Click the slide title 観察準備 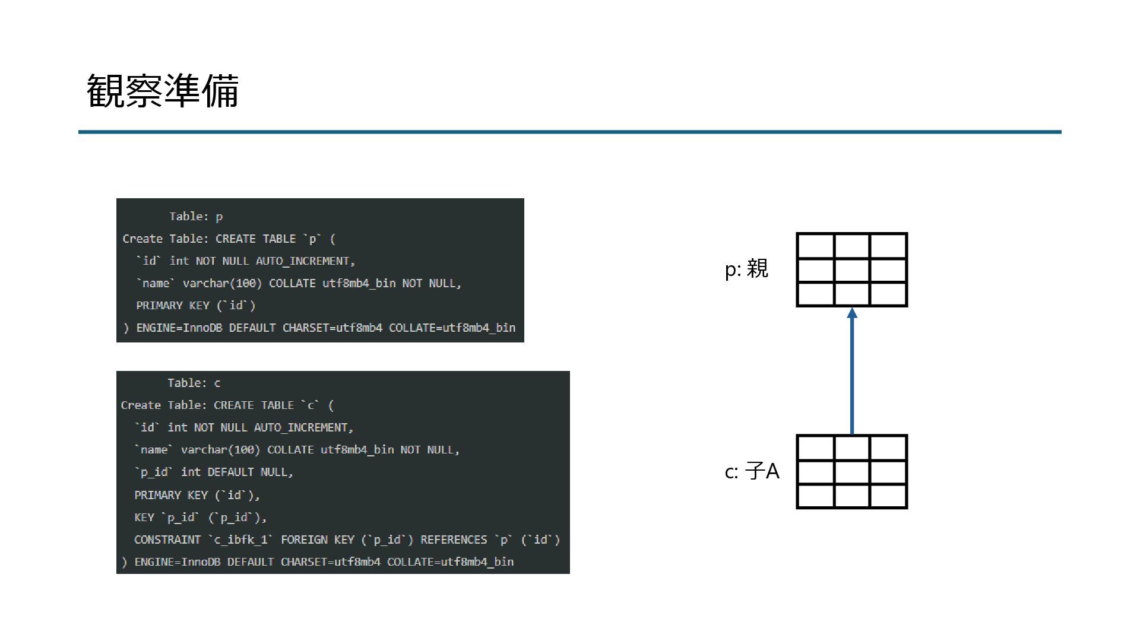click(163, 91)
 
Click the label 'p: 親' click(746, 269)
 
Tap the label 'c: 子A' click(752, 471)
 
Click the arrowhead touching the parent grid click(852, 313)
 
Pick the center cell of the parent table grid click(851, 270)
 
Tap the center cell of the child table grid click(851, 472)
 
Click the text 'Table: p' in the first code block click(195, 217)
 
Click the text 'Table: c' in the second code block click(194, 383)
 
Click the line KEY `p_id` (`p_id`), click(200, 518)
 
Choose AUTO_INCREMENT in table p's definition click(305, 261)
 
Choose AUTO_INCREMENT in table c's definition click(303, 427)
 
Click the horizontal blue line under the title click(569, 132)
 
